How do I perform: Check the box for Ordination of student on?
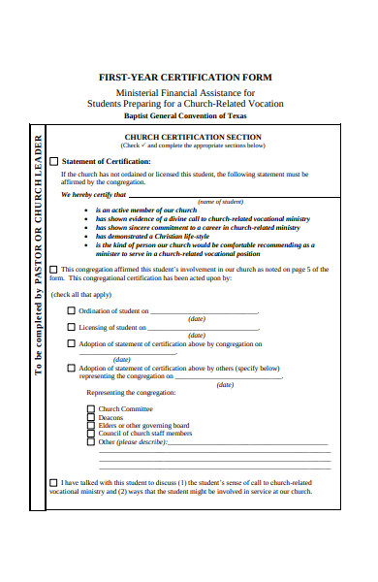71,310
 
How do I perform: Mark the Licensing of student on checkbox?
71,327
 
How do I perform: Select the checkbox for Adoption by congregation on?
71,343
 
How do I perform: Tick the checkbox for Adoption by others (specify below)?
71,368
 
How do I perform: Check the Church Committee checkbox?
91,409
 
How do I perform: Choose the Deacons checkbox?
91,417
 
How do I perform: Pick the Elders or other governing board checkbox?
91,425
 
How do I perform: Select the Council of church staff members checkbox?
91,433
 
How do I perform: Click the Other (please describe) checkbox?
91,441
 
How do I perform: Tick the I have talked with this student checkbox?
53,482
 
